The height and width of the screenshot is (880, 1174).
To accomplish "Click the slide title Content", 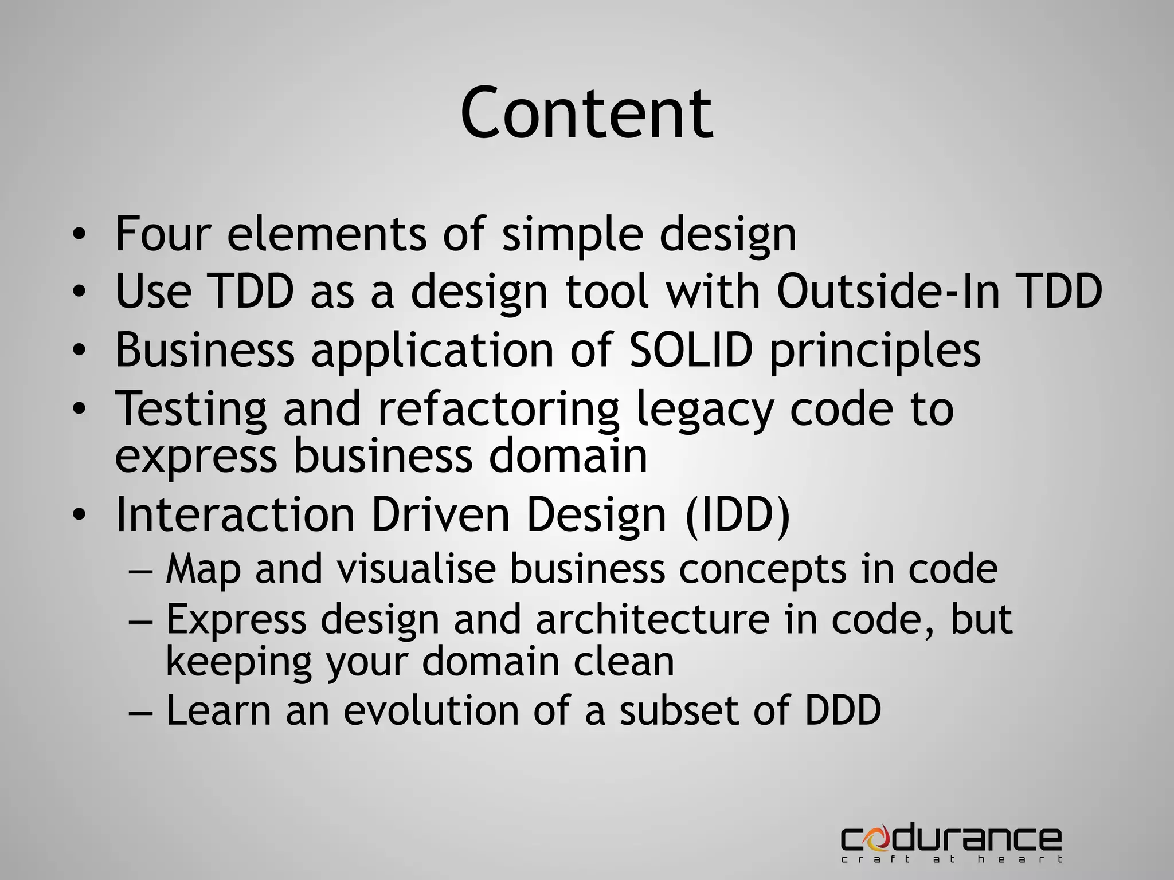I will coord(586,112).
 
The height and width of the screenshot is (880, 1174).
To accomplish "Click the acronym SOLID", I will coord(690,349).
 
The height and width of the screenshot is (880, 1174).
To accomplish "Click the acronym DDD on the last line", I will coord(843,710).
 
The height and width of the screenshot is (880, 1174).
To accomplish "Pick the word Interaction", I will coord(235,515).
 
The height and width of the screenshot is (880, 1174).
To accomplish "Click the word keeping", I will coord(238,662).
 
